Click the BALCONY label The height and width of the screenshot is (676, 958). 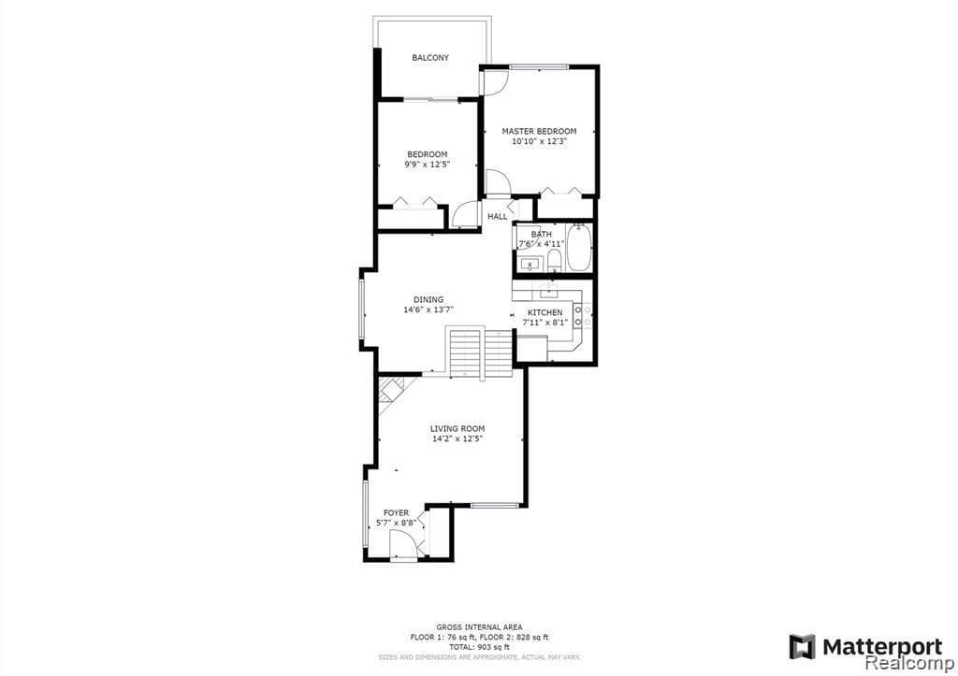pyautogui.click(x=430, y=58)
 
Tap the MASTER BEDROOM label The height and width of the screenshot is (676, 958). pyautogui.click(x=539, y=131)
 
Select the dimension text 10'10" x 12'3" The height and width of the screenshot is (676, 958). pyautogui.click(x=539, y=142)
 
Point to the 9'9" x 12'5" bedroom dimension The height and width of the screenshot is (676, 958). pyautogui.click(x=427, y=165)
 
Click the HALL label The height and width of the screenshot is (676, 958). pyautogui.click(x=498, y=217)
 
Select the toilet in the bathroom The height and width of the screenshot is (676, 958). pyautogui.click(x=554, y=259)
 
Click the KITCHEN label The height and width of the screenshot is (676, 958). pyautogui.click(x=545, y=312)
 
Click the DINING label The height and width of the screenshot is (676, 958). pyautogui.click(x=428, y=300)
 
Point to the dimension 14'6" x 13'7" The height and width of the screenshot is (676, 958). pyautogui.click(x=428, y=310)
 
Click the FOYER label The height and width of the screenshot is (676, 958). pyautogui.click(x=396, y=512)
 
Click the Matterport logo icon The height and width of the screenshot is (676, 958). pyautogui.click(x=802, y=646)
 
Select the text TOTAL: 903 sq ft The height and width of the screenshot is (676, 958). pyautogui.click(x=479, y=647)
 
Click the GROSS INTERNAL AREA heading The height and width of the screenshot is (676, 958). pyautogui.click(x=479, y=626)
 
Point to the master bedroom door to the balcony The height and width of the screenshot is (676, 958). pyautogui.click(x=493, y=83)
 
